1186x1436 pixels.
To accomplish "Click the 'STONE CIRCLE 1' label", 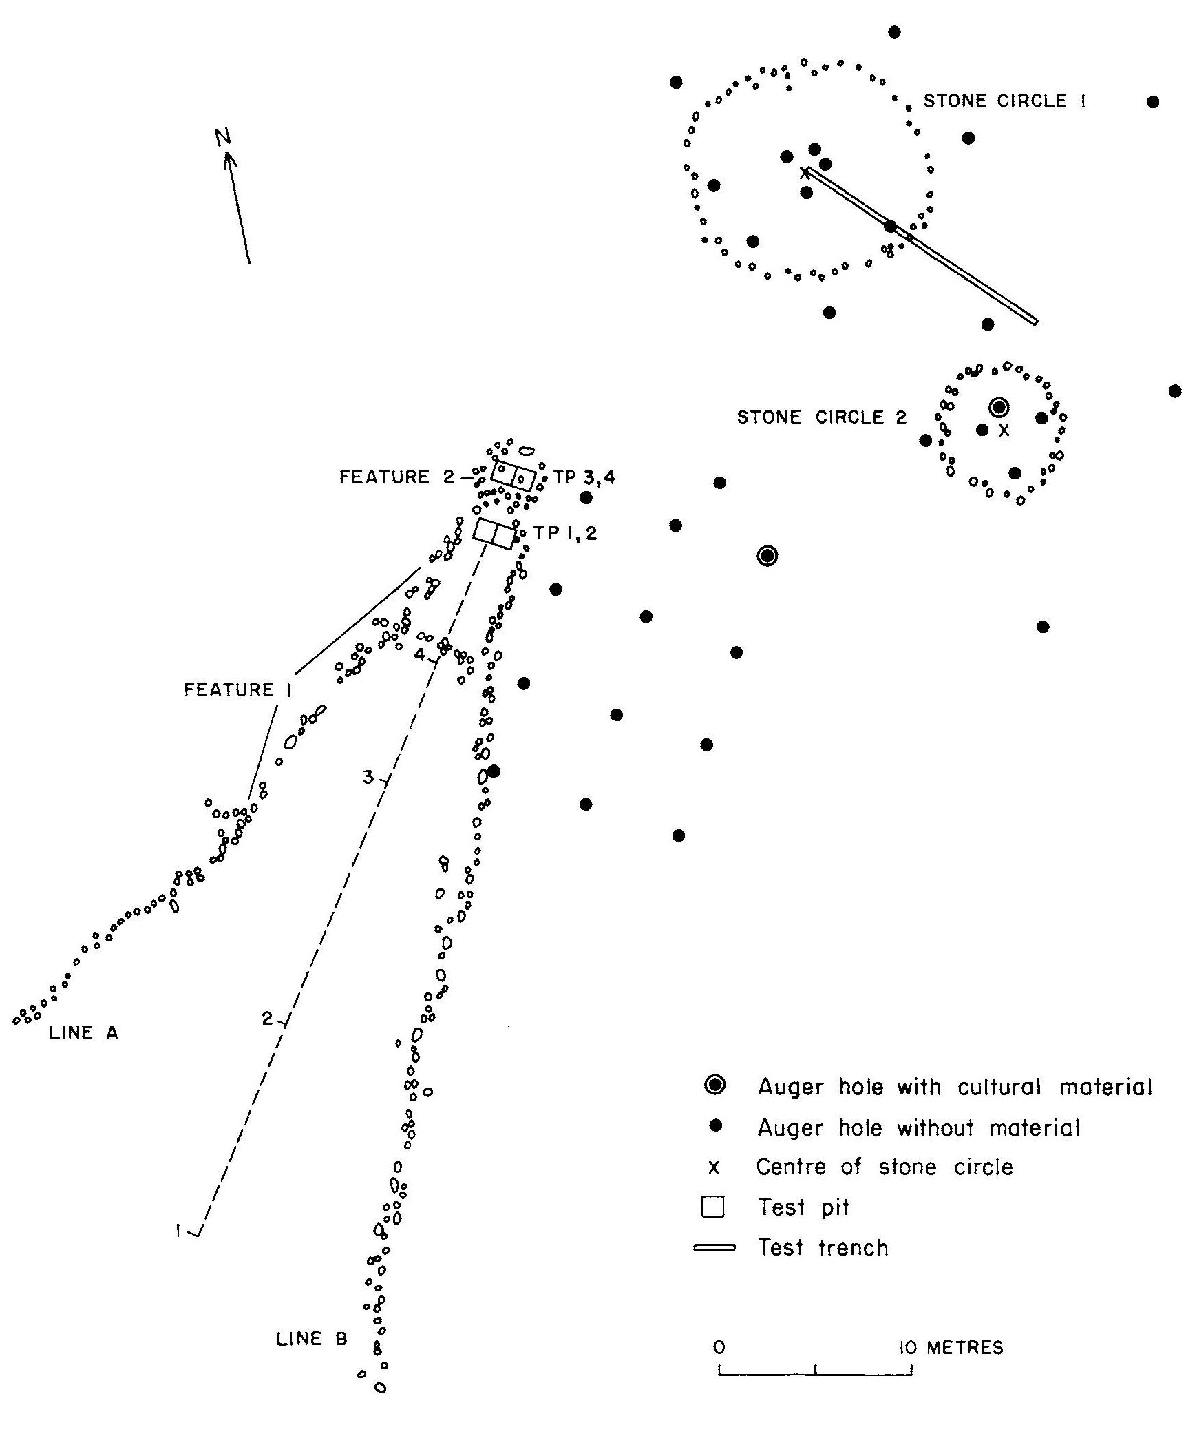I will [x=1004, y=101].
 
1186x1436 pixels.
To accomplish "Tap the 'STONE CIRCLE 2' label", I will [x=822, y=417].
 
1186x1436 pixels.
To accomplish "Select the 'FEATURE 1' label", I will [x=237, y=690].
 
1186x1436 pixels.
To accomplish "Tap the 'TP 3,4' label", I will [x=584, y=477].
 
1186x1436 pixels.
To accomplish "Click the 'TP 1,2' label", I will [x=566, y=533].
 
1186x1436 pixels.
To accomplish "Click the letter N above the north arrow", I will [x=222, y=138].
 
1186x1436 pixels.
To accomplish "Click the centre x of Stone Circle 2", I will [x=1004, y=430].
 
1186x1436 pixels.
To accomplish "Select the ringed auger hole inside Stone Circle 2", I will [x=999, y=408].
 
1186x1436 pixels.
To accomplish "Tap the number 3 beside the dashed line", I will [x=368, y=778].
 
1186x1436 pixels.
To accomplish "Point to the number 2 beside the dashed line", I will [x=267, y=1018].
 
